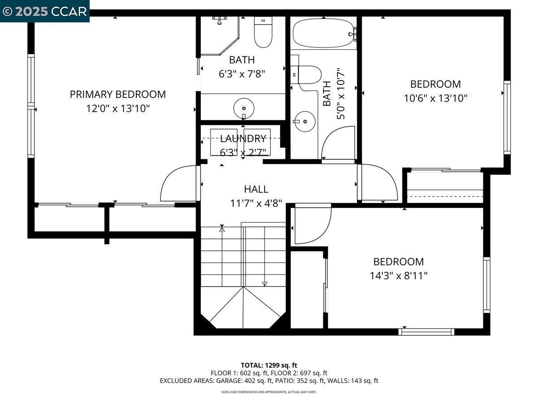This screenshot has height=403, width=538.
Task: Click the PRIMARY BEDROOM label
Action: [117, 94]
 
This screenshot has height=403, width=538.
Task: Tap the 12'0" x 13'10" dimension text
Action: [118, 108]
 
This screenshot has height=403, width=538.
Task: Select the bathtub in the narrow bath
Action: [323, 33]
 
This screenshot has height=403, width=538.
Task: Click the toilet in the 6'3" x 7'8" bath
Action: [263, 32]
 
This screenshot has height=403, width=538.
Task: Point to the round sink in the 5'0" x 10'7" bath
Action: [305, 121]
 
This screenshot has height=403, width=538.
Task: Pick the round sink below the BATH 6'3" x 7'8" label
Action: [243, 108]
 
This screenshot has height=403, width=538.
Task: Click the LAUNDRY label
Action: [243, 139]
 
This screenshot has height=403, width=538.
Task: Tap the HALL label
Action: [256, 189]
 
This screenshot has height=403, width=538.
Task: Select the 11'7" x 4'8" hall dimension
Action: [256, 203]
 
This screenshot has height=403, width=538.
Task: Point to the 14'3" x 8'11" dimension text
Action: [399, 276]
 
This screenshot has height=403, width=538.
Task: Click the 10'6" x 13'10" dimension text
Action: [435, 99]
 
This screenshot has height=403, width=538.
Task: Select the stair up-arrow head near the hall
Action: [222, 229]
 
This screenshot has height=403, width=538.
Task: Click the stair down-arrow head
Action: [265, 283]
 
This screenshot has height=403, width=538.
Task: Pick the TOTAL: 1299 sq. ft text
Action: [269, 365]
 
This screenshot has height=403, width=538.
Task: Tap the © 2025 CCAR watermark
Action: [44, 12]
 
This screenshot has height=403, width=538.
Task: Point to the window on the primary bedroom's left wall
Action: [31, 106]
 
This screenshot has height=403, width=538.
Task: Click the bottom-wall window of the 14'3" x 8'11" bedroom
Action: [426, 332]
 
